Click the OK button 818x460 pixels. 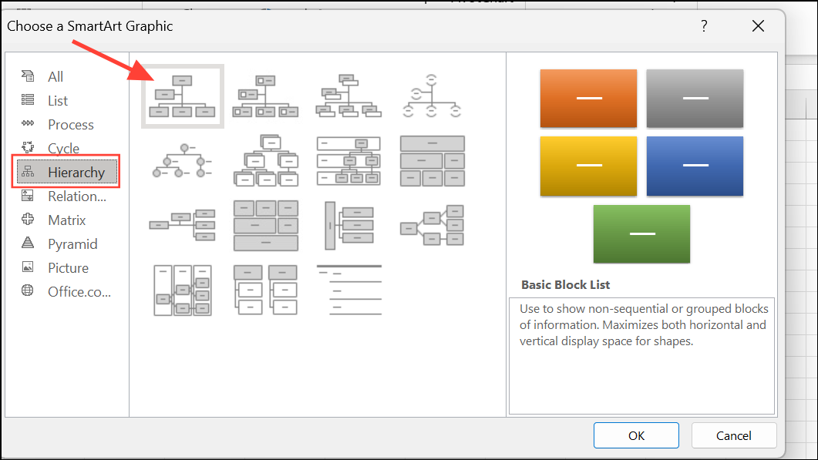click(636, 435)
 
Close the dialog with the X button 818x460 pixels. click(758, 26)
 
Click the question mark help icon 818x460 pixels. click(704, 26)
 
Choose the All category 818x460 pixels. click(56, 76)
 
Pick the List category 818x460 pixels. click(58, 100)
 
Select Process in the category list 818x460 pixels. click(70, 124)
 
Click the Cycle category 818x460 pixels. click(63, 148)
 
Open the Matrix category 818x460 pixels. click(67, 220)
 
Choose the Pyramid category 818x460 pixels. click(72, 243)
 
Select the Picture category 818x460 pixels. click(68, 267)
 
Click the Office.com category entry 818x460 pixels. click(79, 291)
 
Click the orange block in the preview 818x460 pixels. click(588, 99)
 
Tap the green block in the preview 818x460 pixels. click(641, 233)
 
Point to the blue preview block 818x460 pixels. click(695, 166)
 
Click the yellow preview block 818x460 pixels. click(588, 166)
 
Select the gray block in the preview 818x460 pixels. click(695, 99)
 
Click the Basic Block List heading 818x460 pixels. click(565, 284)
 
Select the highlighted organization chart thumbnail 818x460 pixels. click(183, 96)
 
